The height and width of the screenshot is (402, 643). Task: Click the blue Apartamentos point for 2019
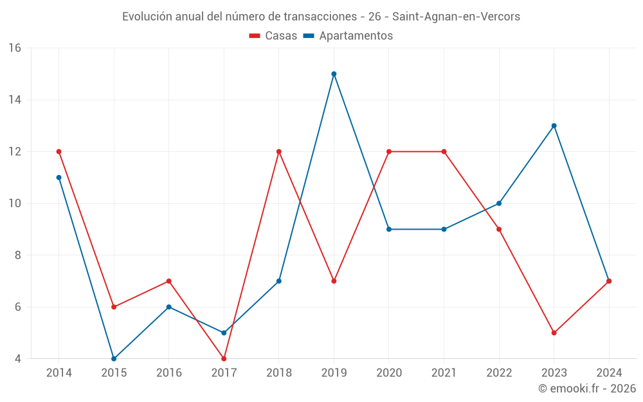[334, 74]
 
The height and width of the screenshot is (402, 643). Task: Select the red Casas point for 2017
[224, 359]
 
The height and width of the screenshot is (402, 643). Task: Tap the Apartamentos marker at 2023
[554, 125]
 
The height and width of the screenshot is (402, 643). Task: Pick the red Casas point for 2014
[59, 152]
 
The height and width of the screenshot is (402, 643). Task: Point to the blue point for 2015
[114, 359]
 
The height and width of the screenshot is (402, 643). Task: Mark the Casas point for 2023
[554, 333]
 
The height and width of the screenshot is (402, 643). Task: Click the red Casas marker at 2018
[279, 152]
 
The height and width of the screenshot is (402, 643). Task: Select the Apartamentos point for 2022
[499, 203]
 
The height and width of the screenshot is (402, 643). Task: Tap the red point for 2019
[334, 281]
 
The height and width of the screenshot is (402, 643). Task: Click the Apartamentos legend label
[356, 36]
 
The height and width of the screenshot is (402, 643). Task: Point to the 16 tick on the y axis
[15, 48]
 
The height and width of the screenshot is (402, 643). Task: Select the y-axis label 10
[15, 203]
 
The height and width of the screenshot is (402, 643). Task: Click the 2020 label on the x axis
[389, 373]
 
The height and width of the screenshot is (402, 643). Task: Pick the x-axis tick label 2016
[169, 373]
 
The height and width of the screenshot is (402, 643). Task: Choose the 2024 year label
[609, 373]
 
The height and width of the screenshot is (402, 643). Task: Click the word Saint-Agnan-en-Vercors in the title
[456, 17]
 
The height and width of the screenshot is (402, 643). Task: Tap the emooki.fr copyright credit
[587, 388]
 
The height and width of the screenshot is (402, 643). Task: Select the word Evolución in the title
[147, 17]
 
